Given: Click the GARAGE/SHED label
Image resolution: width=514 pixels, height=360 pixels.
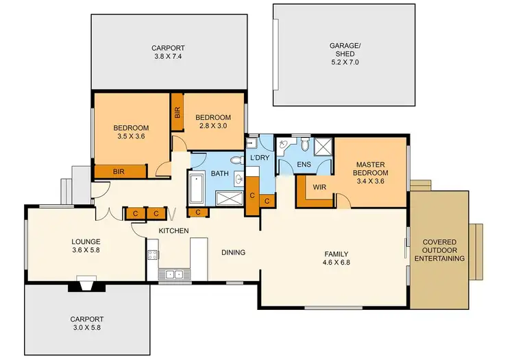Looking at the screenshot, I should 344,50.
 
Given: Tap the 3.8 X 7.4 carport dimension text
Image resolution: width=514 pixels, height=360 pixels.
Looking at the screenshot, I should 169,58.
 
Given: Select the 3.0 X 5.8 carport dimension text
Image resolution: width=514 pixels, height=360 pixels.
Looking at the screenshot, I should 86,328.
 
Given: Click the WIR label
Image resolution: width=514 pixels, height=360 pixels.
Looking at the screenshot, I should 319,187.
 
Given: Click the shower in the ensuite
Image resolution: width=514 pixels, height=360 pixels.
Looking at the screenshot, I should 321,147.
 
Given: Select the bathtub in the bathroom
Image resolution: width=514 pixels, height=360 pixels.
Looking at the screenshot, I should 195,189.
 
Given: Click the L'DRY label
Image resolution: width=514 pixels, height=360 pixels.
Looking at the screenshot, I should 260,158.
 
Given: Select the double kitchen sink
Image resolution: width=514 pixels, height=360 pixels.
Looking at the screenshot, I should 174,274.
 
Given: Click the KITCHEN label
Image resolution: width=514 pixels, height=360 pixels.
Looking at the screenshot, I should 173,231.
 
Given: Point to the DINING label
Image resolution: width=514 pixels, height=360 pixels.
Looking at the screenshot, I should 233,252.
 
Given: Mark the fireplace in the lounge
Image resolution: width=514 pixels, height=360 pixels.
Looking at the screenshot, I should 86,284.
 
